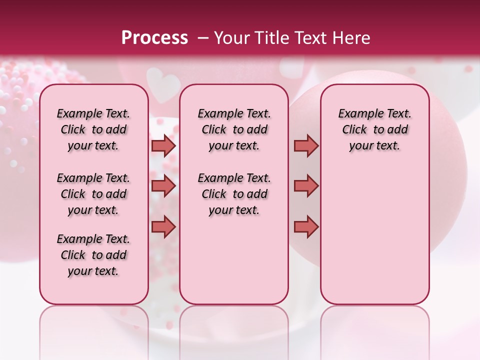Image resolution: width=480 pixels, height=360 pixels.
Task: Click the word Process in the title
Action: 154,38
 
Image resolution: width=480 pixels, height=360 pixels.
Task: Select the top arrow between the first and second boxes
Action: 163,145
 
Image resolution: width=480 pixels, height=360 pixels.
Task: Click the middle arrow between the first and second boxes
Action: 163,186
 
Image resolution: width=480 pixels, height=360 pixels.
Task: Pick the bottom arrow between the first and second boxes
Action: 163,226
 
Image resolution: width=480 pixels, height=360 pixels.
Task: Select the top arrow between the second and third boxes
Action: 306,145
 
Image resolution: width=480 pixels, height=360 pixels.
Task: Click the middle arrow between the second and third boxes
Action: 306,186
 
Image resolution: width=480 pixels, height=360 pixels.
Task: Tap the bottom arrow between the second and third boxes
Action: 306,226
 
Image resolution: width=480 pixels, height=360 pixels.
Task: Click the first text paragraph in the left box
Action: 93,129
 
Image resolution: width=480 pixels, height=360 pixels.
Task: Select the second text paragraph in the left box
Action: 93,194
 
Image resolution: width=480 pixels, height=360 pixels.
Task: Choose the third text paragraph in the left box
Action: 93,255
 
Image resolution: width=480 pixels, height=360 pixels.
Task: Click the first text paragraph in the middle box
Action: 234,129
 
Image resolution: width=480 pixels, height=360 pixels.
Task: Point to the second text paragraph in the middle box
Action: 234,194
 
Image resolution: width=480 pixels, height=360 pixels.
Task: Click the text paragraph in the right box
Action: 375,129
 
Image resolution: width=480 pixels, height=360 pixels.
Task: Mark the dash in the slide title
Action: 203,38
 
